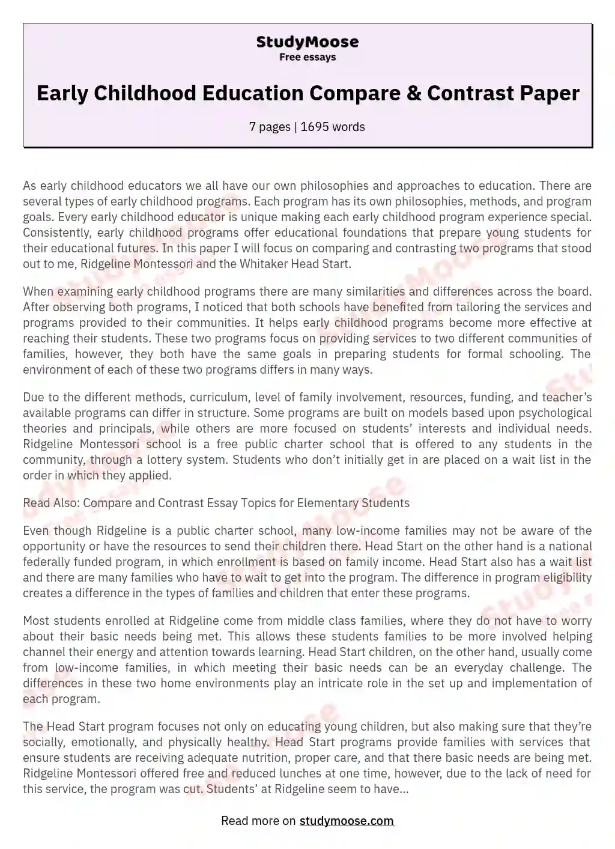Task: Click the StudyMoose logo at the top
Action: coord(307,42)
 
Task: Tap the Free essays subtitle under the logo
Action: coord(307,57)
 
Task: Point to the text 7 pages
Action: coord(269,127)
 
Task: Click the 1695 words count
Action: coord(333,127)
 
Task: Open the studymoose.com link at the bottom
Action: coord(347,821)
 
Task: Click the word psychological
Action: coord(551,413)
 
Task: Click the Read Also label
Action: coord(51,503)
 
